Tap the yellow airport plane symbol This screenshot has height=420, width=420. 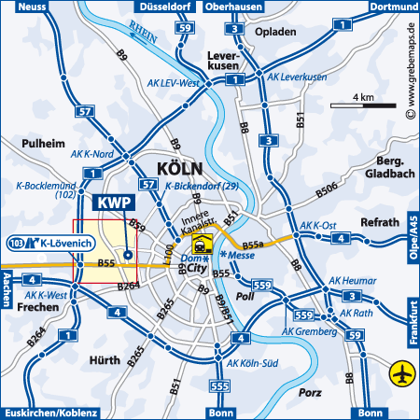point(402,373)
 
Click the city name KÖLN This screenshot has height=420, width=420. point(173,169)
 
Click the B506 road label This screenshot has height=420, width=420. point(327,190)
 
